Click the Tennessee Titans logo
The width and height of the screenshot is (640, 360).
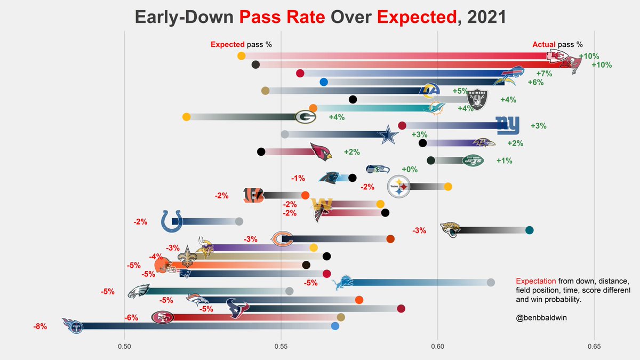(x=73, y=325)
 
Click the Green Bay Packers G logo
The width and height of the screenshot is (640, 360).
(x=306, y=117)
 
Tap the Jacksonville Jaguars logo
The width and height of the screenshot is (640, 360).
(x=449, y=230)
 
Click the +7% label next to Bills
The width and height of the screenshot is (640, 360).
(x=544, y=74)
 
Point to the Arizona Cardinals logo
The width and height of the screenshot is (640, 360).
(x=321, y=152)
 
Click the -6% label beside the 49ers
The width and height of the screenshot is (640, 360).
(x=132, y=317)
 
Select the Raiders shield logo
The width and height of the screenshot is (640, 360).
(x=476, y=99)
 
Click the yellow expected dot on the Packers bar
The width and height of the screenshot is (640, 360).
(x=186, y=117)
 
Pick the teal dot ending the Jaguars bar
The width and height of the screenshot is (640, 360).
(x=529, y=230)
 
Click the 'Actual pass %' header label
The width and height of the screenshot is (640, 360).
(x=557, y=45)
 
